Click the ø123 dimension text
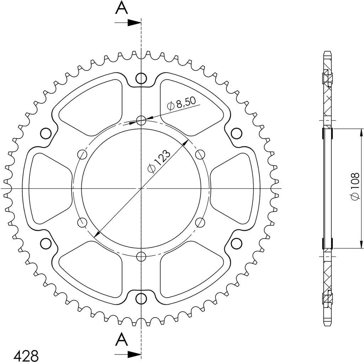point(159,162)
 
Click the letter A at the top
point(122,8)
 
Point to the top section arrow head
point(134,23)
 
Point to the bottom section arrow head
point(134,355)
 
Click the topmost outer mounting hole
point(141,78)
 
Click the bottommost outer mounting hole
point(141,298)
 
